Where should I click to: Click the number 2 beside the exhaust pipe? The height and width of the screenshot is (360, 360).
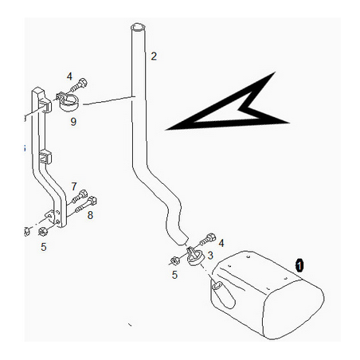click(x=154, y=57)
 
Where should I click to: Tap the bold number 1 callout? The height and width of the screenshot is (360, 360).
click(x=299, y=265)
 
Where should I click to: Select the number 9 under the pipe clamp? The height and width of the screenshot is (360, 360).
click(x=73, y=122)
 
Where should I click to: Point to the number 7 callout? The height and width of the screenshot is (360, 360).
click(x=74, y=186)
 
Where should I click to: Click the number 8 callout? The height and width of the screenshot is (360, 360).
click(x=90, y=215)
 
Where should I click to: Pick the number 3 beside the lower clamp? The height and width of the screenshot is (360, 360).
click(x=210, y=256)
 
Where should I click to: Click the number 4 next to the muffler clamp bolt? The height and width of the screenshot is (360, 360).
click(x=221, y=243)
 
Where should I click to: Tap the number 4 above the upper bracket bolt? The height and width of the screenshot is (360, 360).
click(x=69, y=76)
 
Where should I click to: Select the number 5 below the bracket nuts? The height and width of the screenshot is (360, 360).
click(x=44, y=247)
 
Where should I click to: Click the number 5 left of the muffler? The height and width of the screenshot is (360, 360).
click(x=174, y=275)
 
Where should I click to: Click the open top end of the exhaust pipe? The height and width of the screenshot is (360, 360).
click(x=138, y=28)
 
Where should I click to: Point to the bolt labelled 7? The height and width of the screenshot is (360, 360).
click(x=79, y=198)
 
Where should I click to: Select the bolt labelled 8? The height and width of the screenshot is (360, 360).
click(x=86, y=205)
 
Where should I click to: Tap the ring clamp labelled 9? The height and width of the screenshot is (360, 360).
click(x=68, y=103)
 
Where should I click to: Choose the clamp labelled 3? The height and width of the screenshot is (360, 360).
click(x=194, y=256)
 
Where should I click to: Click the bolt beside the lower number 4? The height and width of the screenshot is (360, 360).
click(x=208, y=239)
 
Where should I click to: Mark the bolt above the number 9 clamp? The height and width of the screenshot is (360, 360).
click(x=79, y=84)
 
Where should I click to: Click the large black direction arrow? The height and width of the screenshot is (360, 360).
click(x=228, y=112)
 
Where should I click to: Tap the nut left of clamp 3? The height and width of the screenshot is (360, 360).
click(x=174, y=260)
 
